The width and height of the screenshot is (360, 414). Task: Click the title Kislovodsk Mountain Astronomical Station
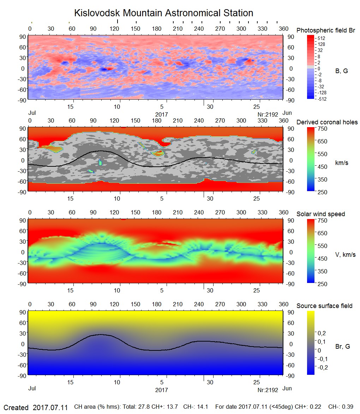click(x=163, y=13)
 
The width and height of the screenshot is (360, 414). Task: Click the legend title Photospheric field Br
click(x=326, y=30)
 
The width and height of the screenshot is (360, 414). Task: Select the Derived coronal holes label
click(x=327, y=122)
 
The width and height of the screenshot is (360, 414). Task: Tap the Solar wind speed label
click(x=320, y=214)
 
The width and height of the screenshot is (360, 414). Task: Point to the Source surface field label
click(x=324, y=306)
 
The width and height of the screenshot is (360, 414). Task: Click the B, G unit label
click(x=341, y=71)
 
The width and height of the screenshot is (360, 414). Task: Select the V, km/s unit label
click(x=345, y=255)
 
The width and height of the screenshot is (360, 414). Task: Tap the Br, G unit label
click(x=342, y=347)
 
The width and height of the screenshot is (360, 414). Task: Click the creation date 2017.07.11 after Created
click(x=50, y=407)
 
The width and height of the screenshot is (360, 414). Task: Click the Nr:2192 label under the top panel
click(x=268, y=114)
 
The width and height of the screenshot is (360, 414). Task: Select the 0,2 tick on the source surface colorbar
click(x=322, y=333)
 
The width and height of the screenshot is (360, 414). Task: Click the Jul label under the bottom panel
click(x=32, y=388)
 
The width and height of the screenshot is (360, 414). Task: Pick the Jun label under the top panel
click(x=287, y=113)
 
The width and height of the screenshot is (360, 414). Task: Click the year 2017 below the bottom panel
click(x=161, y=390)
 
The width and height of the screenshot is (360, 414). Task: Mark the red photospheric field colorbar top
click(x=311, y=37)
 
